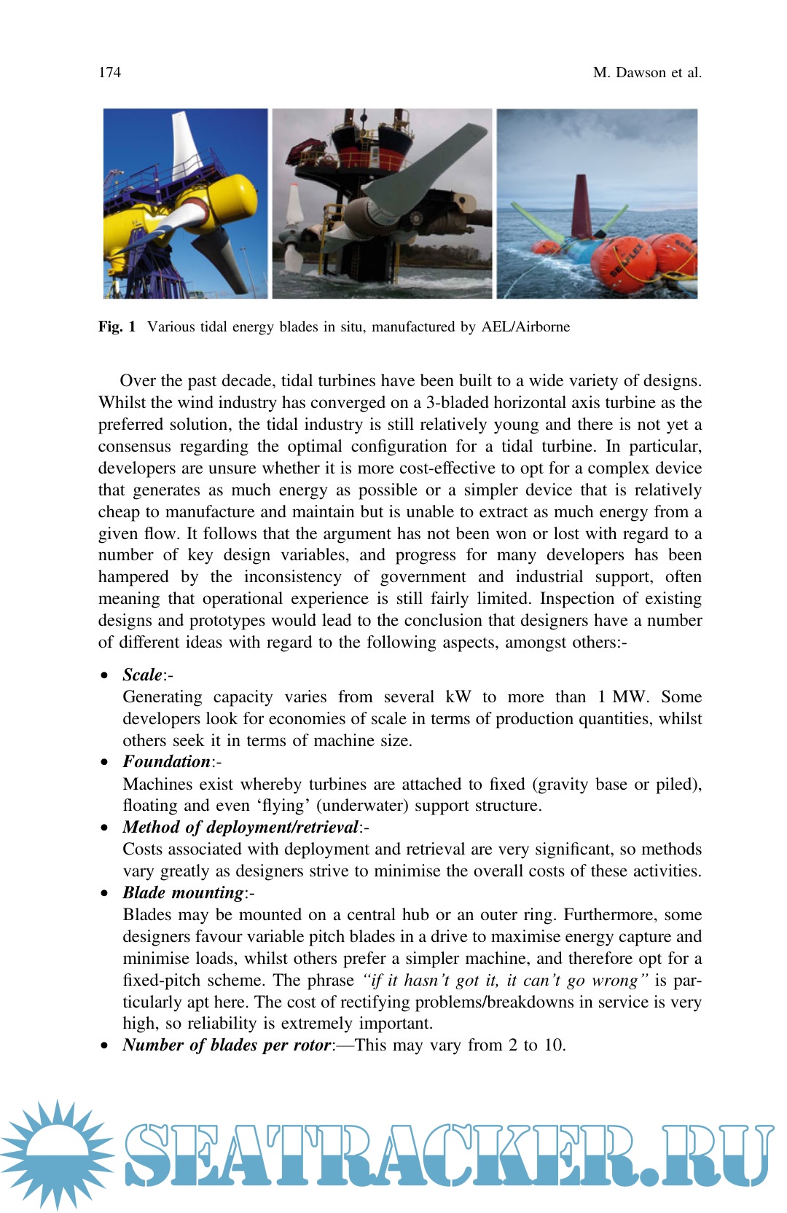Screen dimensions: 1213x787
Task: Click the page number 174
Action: tap(109, 72)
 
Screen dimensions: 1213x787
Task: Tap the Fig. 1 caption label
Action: tap(117, 326)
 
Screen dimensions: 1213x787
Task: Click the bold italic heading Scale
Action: tap(142, 675)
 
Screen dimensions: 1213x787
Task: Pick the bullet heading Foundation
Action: tap(166, 761)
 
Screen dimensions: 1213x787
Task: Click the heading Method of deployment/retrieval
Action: tap(240, 827)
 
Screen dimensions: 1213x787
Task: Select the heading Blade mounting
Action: tap(183, 892)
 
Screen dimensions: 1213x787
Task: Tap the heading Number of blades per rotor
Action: tap(227, 1045)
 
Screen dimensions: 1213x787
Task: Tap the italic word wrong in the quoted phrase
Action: tap(612, 980)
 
